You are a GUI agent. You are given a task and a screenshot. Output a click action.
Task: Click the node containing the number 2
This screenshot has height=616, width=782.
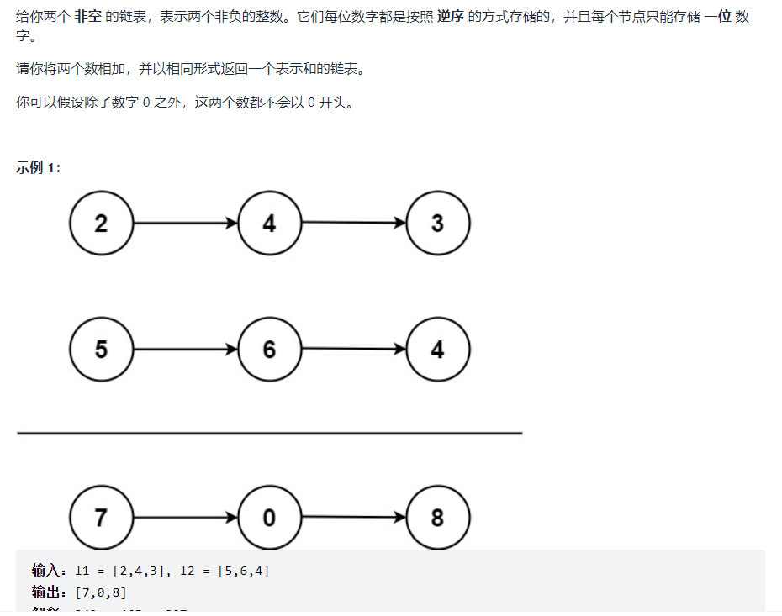[x=101, y=224]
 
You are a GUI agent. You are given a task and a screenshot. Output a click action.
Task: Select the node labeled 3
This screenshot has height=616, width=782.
[x=437, y=224]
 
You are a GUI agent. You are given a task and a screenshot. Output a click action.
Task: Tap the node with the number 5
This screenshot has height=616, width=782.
[x=101, y=350]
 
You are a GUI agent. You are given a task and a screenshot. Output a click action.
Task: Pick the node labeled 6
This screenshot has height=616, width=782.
[x=269, y=350]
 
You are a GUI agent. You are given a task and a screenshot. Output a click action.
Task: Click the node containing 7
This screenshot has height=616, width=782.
[x=101, y=518]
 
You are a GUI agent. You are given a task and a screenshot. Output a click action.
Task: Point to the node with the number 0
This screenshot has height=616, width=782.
[x=269, y=518]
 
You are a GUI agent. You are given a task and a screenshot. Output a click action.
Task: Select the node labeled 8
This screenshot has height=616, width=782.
[x=437, y=518]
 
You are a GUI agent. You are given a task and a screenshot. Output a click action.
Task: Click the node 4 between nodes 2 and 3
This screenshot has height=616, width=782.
[x=269, y=224]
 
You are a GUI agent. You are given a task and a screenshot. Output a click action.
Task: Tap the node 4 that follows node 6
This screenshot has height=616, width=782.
[x=437, y=350]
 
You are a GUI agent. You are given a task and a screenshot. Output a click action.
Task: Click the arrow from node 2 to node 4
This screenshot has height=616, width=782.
[x=185, y=224]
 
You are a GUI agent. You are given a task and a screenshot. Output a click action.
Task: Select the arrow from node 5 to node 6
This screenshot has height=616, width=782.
[x=185, y=350]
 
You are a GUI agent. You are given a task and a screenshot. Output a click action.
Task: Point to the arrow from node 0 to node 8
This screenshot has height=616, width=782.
[x=353, y=517]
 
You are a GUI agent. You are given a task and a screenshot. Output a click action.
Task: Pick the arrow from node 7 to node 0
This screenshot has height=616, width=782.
[x=185, y=518]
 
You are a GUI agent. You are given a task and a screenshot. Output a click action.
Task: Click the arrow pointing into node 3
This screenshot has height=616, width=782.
[x=353, y=223]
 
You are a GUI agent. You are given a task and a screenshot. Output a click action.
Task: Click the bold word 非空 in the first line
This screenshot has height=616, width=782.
[x=88, y=17]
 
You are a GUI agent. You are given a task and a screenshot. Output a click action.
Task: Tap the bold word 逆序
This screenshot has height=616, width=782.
[x=451, y=17]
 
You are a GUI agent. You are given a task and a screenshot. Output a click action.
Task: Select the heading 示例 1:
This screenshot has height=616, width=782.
[x=38, y=167]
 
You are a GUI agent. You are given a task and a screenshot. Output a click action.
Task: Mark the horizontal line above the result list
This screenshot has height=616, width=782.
[x=269, y=434]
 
